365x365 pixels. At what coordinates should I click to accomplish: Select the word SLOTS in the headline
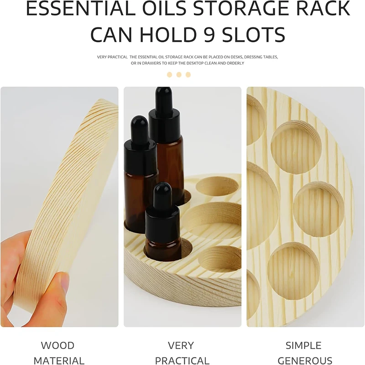(254, 35)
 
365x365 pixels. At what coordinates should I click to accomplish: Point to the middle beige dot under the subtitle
(179, 75)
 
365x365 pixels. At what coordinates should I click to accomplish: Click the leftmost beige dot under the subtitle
(169, 75)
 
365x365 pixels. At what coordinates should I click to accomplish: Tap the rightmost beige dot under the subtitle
(188, 75)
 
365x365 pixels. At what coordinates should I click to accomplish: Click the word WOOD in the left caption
(58, 345)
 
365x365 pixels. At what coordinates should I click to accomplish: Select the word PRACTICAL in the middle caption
(182, 360)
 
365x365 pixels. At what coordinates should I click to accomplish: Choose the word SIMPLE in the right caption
(303, 345)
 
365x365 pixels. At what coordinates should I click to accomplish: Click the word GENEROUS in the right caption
(305, 360)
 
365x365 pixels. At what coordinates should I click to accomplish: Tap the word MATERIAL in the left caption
(59, 360)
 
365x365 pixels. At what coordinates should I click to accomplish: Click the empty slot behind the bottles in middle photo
(218, 187)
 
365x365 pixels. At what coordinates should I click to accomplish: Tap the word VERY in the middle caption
(181, 345)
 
